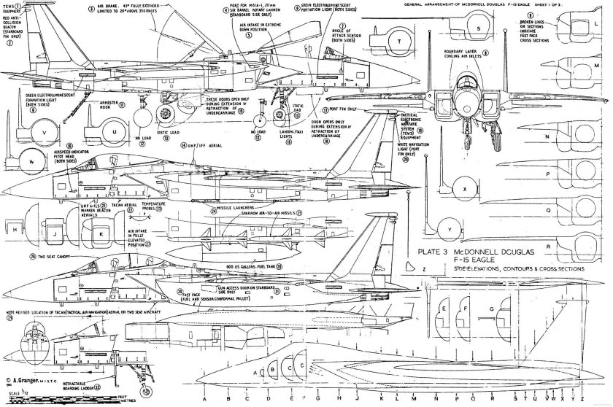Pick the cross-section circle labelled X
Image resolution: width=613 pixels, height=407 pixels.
463,187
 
